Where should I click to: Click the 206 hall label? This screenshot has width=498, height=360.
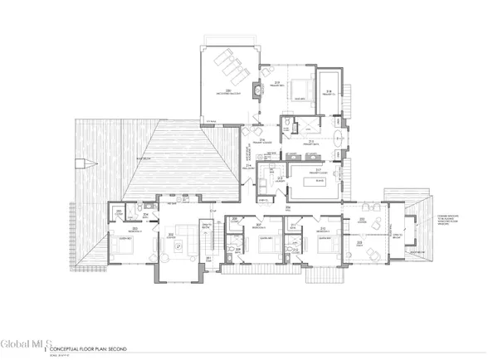tap(287, 207)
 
